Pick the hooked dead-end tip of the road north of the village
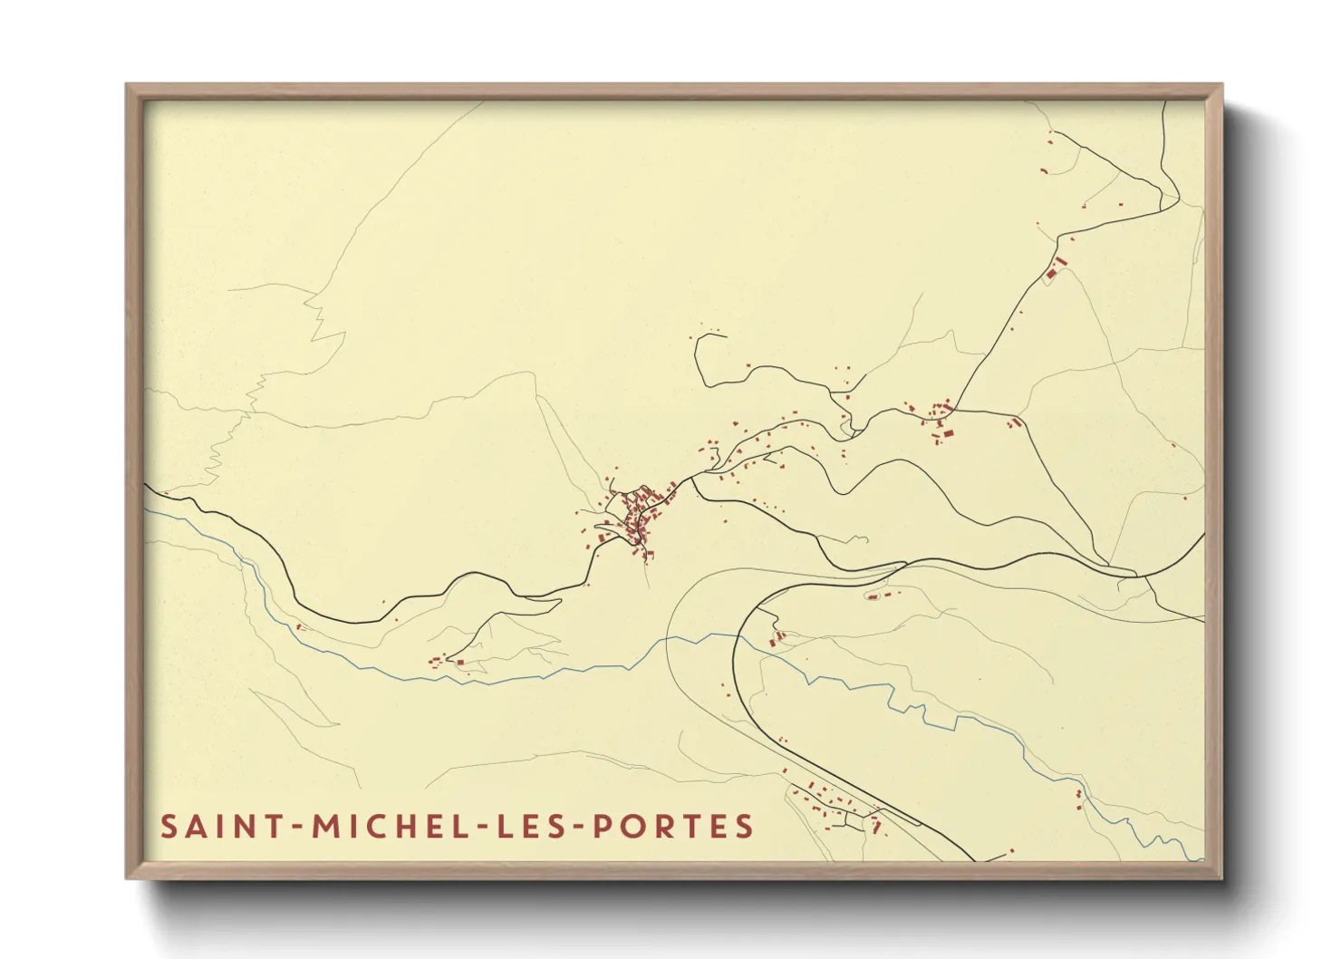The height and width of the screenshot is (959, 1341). (x=724, y=336)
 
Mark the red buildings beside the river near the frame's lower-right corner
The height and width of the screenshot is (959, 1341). (x=1078, y=798)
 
